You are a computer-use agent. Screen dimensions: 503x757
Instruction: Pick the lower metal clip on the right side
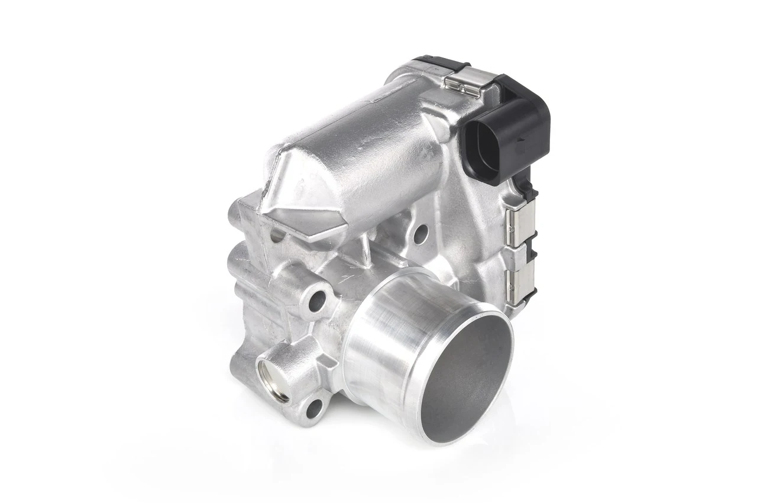(x=520, y=278)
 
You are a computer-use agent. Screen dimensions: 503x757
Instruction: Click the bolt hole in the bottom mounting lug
(x=314, y=408)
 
